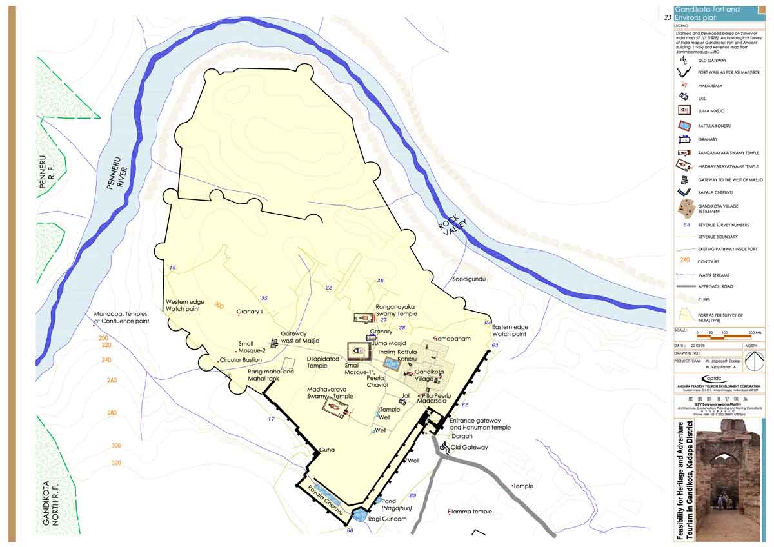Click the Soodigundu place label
tap(468, 279)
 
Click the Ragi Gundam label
tap(389, 519)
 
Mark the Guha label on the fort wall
tap(327, 449)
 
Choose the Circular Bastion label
tap(241, 360)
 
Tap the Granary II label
tap(250, 312)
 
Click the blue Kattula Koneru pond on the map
tap(392, 364)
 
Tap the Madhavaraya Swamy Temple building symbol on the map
tap(335, 408)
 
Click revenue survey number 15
tap(172, 267)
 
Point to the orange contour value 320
tap(116, 463)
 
